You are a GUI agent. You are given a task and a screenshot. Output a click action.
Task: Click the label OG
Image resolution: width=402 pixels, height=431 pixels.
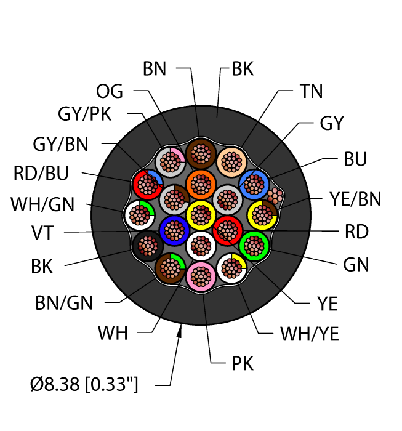110,92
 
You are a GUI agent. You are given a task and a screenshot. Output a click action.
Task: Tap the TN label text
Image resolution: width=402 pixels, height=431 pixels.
311,91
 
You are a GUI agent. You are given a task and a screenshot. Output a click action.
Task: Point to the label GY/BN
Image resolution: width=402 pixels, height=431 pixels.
60,144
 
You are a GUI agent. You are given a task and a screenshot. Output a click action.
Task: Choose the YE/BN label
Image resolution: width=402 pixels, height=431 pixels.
355,199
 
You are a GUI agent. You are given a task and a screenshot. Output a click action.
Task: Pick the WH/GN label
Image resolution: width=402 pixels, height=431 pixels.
44,203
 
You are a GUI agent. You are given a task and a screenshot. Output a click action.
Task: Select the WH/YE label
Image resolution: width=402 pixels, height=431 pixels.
310,334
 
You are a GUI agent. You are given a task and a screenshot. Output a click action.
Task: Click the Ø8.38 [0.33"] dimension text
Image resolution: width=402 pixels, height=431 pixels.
84,386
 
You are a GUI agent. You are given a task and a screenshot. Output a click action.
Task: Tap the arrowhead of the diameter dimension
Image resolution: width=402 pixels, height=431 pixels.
180,332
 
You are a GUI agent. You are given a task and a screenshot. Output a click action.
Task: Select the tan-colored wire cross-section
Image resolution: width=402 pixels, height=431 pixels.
231,162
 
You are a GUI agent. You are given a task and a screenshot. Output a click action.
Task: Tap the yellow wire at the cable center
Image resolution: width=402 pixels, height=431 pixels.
199,215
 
